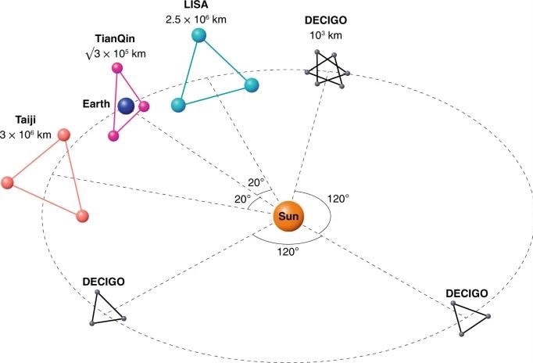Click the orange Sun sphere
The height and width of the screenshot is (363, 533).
tap(288, 215)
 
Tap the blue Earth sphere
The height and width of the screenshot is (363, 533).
tap(126, 105)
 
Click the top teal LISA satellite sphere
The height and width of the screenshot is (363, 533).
tap(199, 35)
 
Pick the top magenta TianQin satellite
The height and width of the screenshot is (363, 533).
tap(117, 67)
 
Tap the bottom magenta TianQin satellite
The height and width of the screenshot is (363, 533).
tap(114, 136)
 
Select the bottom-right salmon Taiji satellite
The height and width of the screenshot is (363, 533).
tap(82, 214)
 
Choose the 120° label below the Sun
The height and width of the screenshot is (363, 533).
tap(288, 252)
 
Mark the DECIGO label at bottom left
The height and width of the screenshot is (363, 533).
tap(103, 280)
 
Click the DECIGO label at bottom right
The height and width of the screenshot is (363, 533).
tap(467, 293)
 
